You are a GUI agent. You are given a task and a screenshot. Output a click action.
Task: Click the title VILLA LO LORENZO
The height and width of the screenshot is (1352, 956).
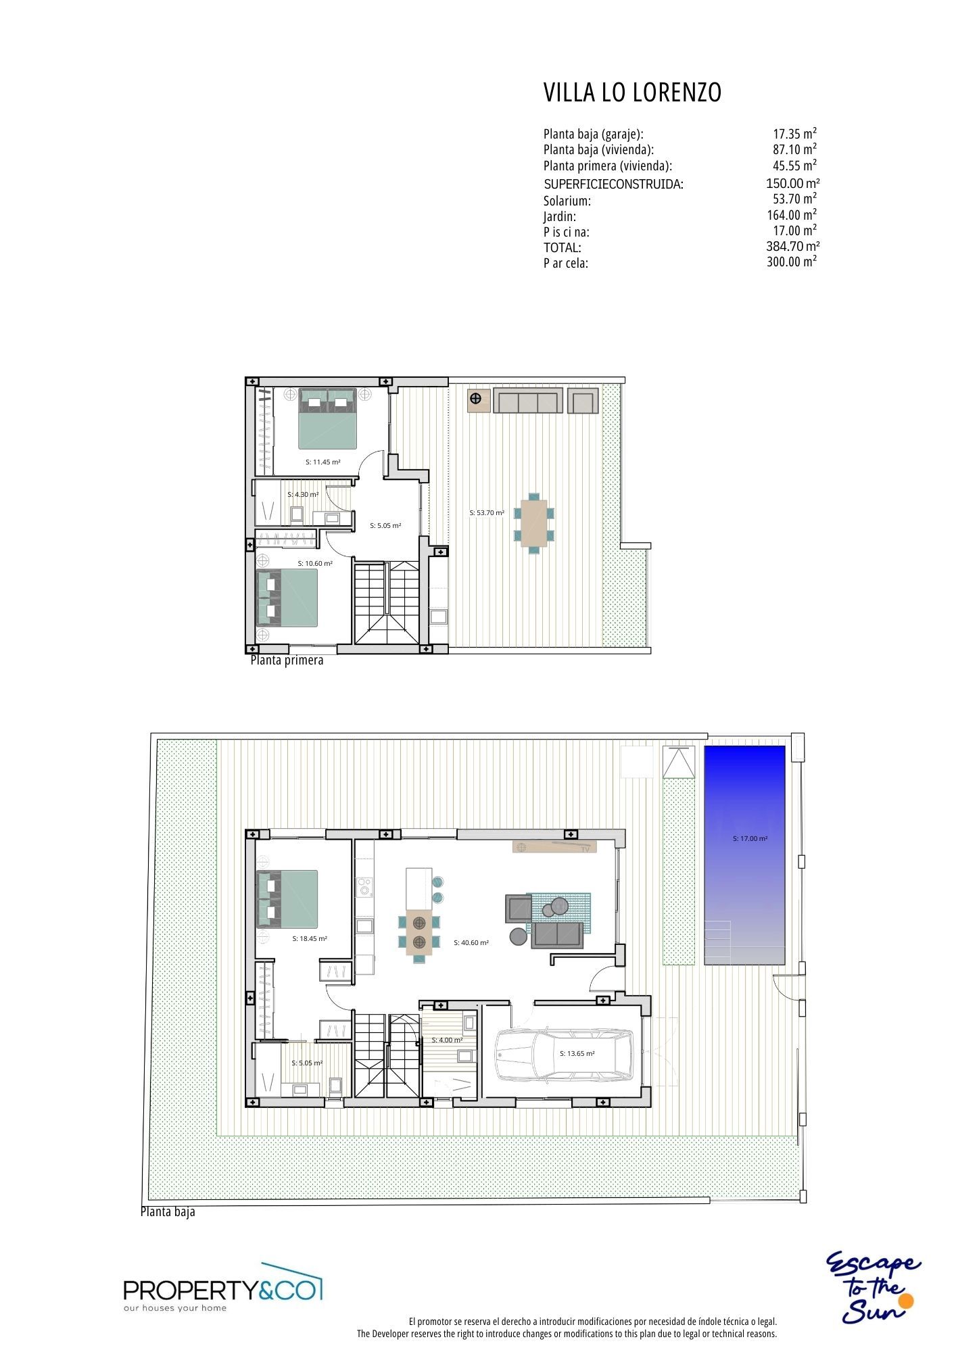click(632, 93)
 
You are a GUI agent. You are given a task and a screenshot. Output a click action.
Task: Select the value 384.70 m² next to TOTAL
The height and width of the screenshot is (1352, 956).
click(793, 246)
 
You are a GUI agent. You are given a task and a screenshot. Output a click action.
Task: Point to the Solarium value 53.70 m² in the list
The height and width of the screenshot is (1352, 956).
click(794, 199)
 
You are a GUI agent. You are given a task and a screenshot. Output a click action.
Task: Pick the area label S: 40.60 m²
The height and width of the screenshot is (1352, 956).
click(471, 942)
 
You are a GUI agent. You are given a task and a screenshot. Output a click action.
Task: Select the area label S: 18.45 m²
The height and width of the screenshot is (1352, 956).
click(310, 939)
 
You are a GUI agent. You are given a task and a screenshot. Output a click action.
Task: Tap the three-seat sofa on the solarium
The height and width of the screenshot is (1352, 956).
click(527, 400)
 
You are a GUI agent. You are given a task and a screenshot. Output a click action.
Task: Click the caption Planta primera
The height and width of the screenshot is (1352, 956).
click(287, 660)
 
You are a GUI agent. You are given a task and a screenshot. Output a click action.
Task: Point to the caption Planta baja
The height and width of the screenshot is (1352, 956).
click(168, 1211)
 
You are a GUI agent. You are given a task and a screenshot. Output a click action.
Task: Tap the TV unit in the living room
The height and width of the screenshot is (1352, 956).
click(555, 847)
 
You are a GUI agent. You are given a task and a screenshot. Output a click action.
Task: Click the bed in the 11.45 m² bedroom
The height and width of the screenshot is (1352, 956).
click(328, 418)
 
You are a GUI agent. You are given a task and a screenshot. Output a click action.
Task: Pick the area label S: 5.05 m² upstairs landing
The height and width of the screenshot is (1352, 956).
click(385, 525)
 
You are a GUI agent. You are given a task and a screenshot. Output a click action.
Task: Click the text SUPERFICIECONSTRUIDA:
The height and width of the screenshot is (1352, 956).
click(614, 184)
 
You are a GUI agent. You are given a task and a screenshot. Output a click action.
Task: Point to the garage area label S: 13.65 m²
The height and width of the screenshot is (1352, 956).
click(577, 1053)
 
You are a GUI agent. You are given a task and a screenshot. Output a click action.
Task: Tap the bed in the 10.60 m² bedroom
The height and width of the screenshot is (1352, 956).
click(287, 598)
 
